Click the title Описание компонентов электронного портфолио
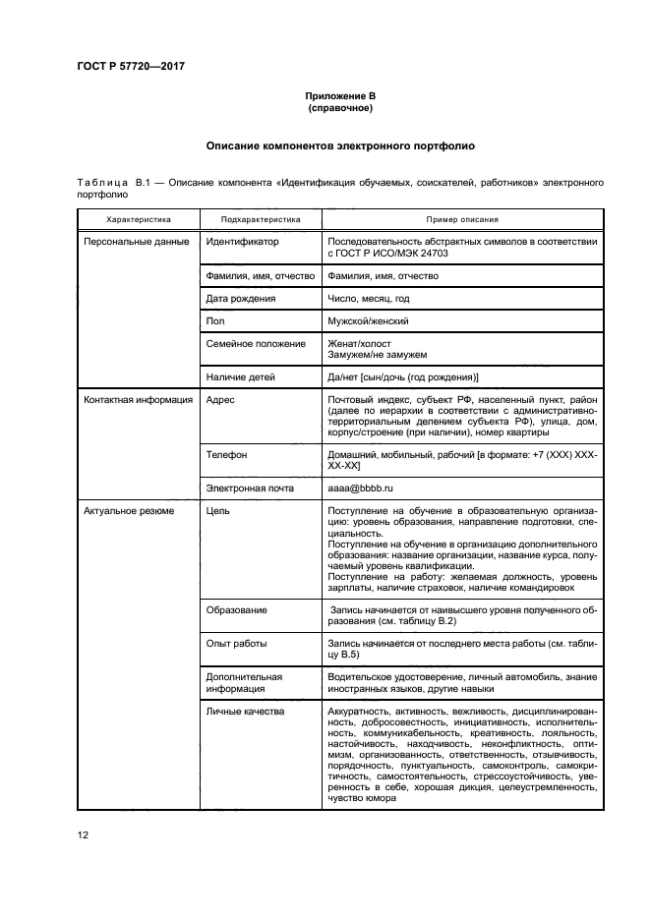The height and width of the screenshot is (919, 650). point(340,145)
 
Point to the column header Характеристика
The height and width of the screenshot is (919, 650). point(139,220)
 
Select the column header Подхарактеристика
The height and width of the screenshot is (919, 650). point(261,220)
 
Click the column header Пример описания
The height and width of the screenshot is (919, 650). point(461,220)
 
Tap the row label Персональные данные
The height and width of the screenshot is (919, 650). point(137,242)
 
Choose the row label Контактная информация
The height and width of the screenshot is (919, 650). point(138,401)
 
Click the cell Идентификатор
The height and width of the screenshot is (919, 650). point(243,242)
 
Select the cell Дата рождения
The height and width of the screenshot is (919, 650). point(241,299)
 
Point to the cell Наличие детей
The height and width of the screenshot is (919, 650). point(241,377)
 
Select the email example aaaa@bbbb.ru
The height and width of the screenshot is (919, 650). point(361,488)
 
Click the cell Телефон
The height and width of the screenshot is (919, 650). point(226,456)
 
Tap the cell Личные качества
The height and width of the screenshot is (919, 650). point(245,710)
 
